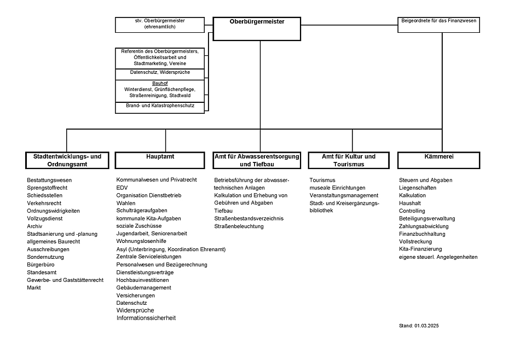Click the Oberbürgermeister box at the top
(x=256, y=28)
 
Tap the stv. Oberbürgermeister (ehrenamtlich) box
(x=159, y=24)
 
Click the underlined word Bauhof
(x=159, y=83)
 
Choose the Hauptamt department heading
(x=160, y=160)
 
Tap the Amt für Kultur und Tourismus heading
(x=349, y=160)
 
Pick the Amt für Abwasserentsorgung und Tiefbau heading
(x=257, y=160)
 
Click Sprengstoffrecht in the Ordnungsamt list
(x=47, y=188)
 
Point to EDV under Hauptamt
(x=122, y=188)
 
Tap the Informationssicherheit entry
(x=146, y=318)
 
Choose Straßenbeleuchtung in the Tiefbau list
(x=239, y=226)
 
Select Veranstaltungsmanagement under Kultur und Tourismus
(x=344, y=195)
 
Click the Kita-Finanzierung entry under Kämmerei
(x=420, y=249)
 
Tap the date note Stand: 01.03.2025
(x=419, y=326)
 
